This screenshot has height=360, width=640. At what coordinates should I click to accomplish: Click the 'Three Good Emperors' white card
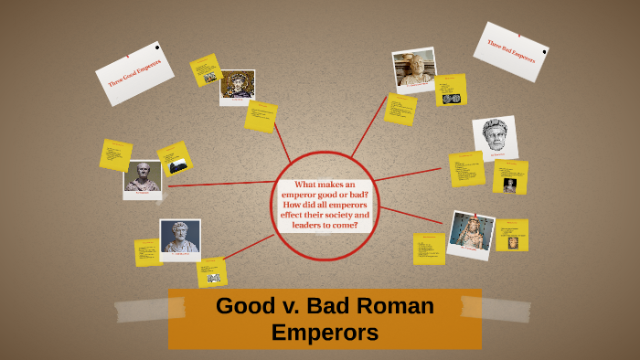click(x=134, y=73)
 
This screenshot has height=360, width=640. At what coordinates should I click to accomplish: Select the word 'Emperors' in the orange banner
click(x=325, y=333)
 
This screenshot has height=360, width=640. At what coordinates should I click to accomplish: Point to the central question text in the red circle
click(x=325, y=205)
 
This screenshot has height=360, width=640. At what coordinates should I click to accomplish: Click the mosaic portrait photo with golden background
click(x=237, y=86)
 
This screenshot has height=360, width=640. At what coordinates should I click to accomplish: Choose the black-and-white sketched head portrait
click(x=495, y=138)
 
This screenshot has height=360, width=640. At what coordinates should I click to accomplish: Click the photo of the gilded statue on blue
click(x=472, y=234)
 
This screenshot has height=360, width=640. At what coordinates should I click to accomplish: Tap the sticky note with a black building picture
click(x=175, y=159)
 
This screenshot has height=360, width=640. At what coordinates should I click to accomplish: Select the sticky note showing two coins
click(x=451, y=90)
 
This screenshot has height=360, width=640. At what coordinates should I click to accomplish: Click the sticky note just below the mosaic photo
click(x=261, y=116)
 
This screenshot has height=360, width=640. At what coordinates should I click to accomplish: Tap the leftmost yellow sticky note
click(x=116, y=154)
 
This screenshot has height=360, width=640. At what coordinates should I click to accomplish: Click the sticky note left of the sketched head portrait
click(x=466, y=168)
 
